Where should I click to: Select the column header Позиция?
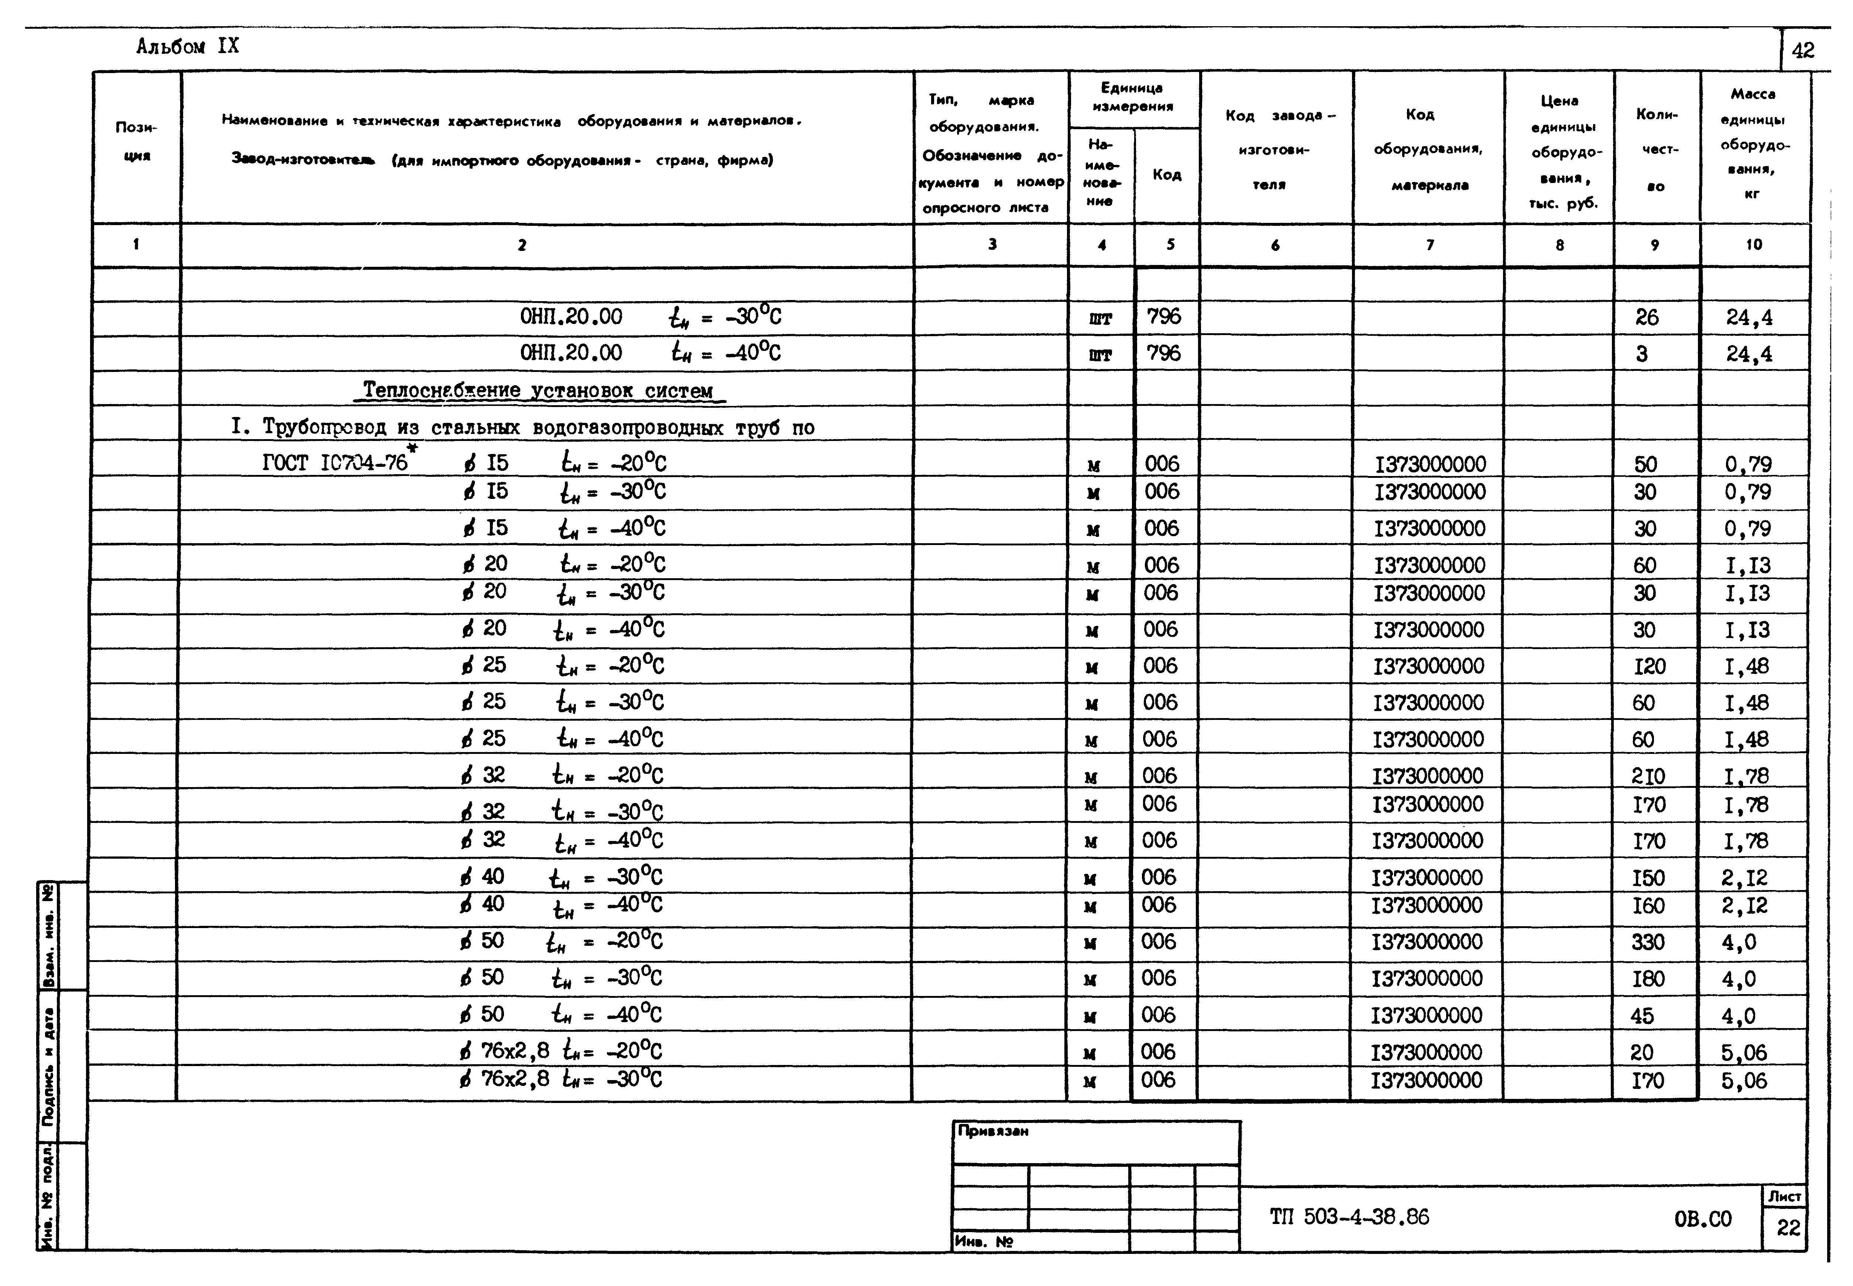[136, 141]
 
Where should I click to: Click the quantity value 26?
[1647, 317]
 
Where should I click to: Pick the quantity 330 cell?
[1647, 942]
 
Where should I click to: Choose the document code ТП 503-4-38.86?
[1349, 1217]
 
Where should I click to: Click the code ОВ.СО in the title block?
[1702, 1219]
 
